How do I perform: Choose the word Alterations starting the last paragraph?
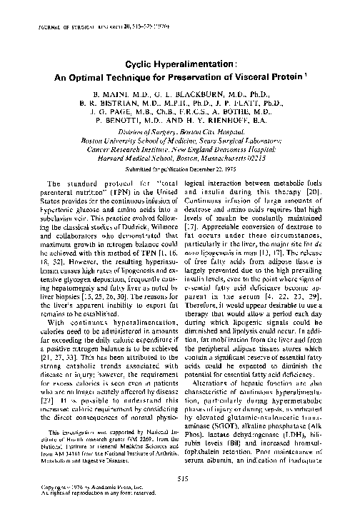[219, 385]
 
